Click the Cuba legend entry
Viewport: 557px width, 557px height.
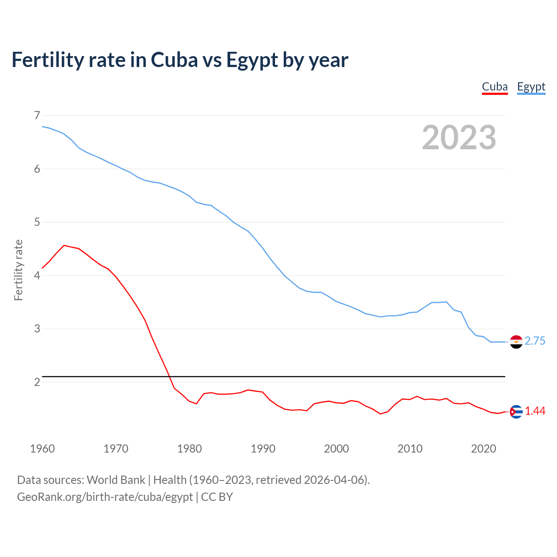click(x=495, y=87)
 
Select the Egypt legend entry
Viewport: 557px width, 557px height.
click(x=531, y=87)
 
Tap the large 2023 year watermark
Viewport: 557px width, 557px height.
click(x=459, y=138)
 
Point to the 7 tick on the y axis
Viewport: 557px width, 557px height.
click(x=37, y=115)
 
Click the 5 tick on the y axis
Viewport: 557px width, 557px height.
click(x=37, y=222)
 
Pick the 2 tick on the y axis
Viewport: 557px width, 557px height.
click(x=37, y=382)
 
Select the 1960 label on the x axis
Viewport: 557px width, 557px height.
click(x=42, y=449)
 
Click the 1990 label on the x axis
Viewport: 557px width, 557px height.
click(x=263, y=449)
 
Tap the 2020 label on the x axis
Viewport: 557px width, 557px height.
click(x=483, y=449)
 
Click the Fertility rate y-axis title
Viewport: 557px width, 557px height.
click(x=18, y=270)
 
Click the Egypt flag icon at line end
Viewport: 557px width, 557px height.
click(x=516, y=342)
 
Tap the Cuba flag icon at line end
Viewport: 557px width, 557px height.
click(x=516, y=412)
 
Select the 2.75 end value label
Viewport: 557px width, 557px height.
click(x=535, y=341)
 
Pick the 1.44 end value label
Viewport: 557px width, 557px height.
click(x=535, y=411)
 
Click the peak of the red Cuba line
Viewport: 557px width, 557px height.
click(x=64, y=245)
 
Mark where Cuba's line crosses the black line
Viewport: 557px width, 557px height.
click(x=169, y=376)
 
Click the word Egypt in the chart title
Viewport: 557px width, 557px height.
click(x=252, y=60)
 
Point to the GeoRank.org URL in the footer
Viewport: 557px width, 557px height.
click(x=104, y=497)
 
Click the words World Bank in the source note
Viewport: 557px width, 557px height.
click(x=116, y=480)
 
